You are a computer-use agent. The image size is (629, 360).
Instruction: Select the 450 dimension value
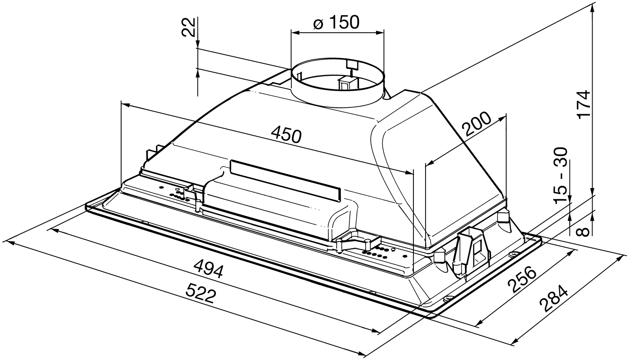[286, 135]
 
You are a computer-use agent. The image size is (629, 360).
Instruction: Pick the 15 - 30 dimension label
[561, 175]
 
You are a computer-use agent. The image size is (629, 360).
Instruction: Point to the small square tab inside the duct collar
[351, 65]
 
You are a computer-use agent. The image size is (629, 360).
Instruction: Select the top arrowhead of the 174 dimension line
[592, 8]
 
